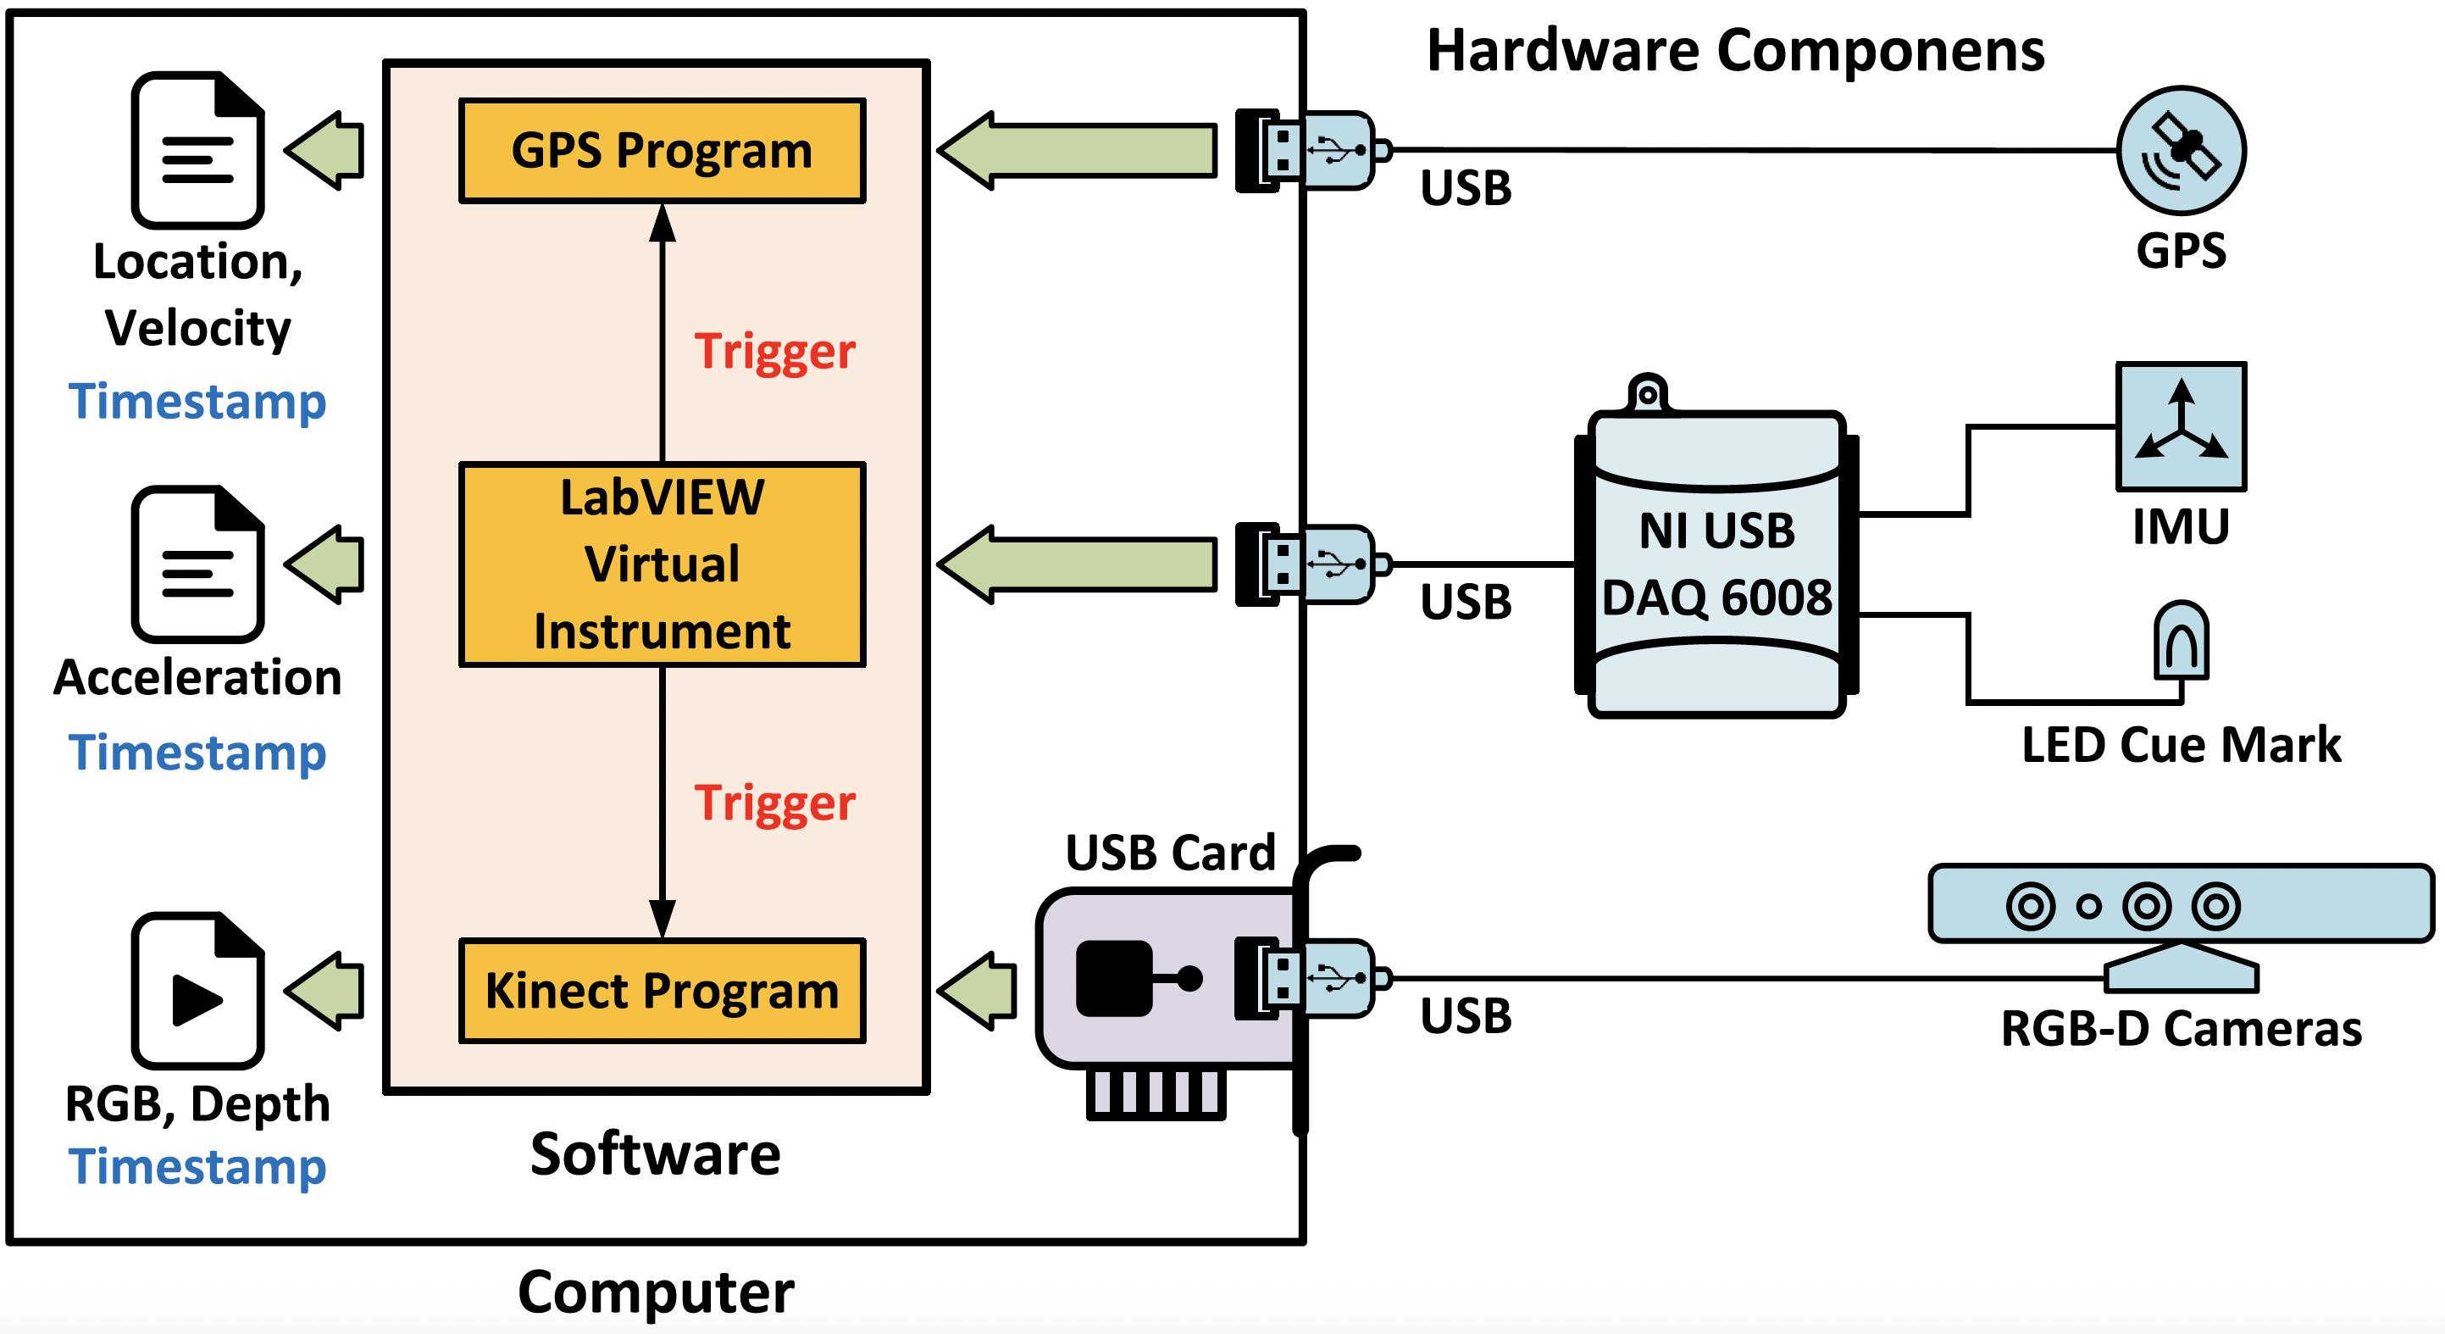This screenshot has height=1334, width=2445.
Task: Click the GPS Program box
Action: pos(662,151)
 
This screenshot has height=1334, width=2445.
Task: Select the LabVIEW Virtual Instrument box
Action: pos(662,564)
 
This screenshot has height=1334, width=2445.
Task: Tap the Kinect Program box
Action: pos(662,990)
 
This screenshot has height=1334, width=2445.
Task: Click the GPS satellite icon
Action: pos(2182,151)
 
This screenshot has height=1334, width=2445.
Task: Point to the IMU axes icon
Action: pos(2182,426)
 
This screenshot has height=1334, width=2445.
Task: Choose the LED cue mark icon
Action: pos(2182,641)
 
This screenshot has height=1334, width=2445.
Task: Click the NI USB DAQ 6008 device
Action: pos(1716,563)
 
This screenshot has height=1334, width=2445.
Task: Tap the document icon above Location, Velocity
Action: pos(197,151)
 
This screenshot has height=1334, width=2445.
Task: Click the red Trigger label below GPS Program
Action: pos(774,353)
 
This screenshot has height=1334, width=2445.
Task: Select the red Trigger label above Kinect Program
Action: pos(774,803)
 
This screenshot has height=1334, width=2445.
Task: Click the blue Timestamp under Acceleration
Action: pos(197,753)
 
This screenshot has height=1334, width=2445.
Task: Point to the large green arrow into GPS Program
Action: pos(1078,151)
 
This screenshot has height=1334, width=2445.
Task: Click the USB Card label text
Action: pos(1170,853)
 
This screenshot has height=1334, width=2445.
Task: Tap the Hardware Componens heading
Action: pos(1735,50)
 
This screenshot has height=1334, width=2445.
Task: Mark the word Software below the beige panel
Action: pos(655,1154)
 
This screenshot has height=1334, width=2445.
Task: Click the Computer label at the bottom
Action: pos(655,1292)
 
